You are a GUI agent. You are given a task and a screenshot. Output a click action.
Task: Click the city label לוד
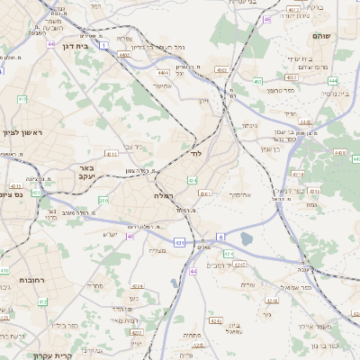coord(197,155)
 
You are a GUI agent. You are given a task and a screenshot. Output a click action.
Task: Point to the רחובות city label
coord(33,282)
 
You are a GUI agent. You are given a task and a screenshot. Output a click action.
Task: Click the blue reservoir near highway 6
coord(247,238)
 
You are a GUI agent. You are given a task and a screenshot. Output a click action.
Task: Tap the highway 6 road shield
coord(220,237)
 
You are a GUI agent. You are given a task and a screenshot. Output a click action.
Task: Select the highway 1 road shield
coord(104,43)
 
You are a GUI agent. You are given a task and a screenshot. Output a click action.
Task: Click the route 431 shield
coord(180,242)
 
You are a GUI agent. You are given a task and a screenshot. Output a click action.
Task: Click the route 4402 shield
coord(124,55)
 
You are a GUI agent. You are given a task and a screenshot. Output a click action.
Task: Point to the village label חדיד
coord(289,114)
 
